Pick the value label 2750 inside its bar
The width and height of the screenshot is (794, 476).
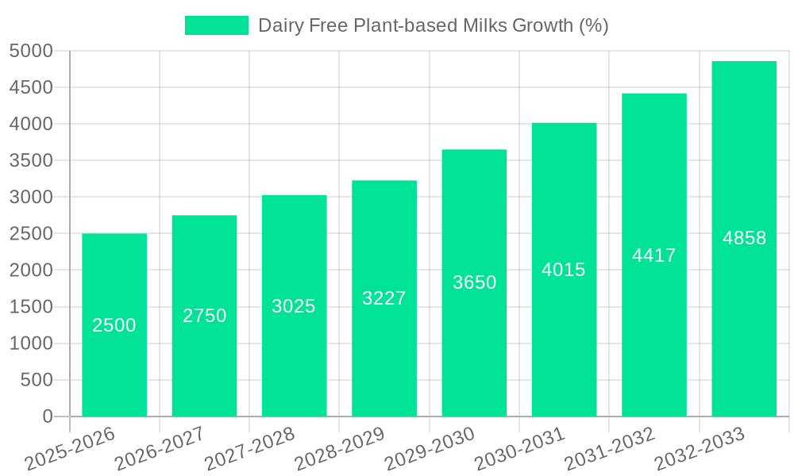pyautogui.click(x=205, y=316)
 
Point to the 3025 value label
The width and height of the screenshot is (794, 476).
pyautogui.click(x=294, y=306)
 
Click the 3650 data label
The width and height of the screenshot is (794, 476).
pyautogui.click(x=475, y=282)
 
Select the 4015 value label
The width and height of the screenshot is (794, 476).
pyautogui.click(x=564, y=270)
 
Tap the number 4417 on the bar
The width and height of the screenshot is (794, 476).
pyautogui.click(x=654, y=255)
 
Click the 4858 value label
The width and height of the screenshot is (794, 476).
pyautogui.click(x=745, y=238)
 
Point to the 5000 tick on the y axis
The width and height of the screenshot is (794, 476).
pyautogui.click(x=31, y=52)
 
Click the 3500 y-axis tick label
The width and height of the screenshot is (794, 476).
pyautogui.click(x=31, y=161)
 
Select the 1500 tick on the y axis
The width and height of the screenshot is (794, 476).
pyautogui.click(x=31, y=307)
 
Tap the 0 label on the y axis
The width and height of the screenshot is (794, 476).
pyautogui.click(x=48, y=416)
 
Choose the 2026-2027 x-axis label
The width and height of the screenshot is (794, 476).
pyautogui.click(x=160, y=449)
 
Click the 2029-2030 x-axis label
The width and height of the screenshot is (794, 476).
pyautogui.click(x=430, y=449)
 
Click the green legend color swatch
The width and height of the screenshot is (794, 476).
pyautogui.click(x=217, y=25)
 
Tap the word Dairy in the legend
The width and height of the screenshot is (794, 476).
pyautogui.click(x=279, y=25)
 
